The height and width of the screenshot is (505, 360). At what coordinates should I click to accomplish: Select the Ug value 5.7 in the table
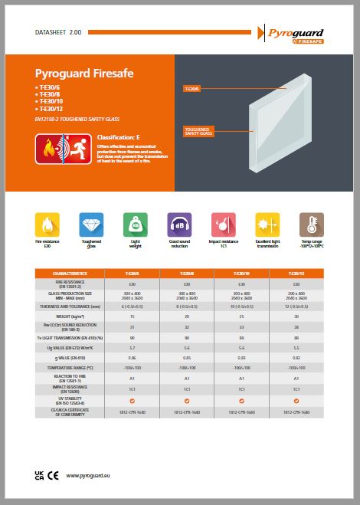[132, 348]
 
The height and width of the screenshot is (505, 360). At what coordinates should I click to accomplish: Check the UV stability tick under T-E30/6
[132, 401]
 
